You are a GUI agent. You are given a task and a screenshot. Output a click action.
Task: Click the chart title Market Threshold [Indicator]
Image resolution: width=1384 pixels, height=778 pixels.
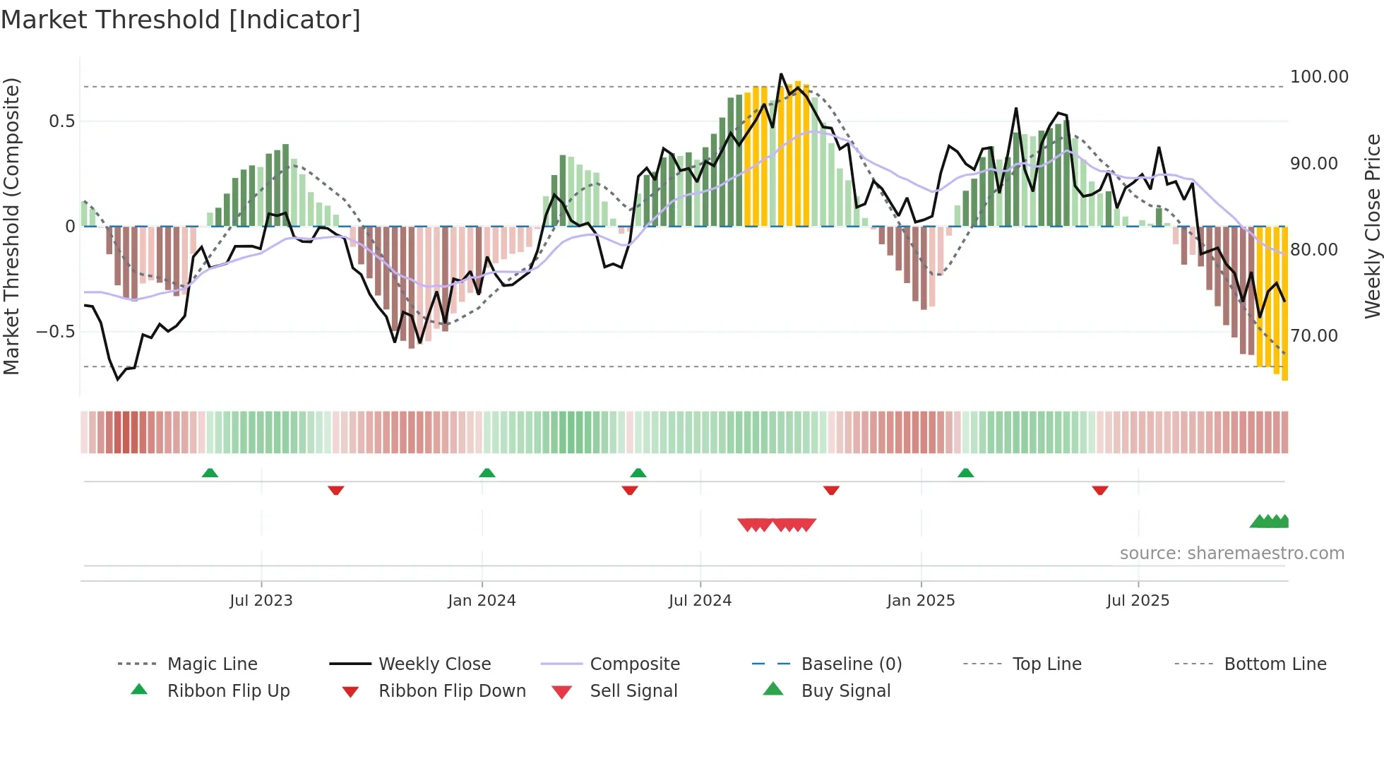coord(181,20)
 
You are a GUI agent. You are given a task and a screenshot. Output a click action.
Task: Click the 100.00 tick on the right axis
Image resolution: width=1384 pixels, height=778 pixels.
coord(1318,77)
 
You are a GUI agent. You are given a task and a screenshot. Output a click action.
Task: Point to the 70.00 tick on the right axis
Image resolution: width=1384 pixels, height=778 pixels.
coord(1313,336)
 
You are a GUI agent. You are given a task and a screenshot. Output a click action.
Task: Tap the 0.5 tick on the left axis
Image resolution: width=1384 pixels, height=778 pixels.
coord(62,121)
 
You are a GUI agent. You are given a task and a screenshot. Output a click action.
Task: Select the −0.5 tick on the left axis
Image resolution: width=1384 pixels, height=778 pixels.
coord(56,332)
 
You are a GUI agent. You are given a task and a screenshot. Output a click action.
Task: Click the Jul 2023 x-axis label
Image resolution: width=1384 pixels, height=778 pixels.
coord(261,601)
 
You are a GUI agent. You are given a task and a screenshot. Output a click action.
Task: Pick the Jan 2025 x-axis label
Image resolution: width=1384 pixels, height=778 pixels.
coord(920,601)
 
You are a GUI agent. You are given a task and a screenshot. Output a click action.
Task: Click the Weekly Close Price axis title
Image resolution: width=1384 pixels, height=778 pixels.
coord(1371,226)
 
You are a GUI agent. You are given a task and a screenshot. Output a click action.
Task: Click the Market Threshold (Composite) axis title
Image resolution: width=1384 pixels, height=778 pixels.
coord(11,226)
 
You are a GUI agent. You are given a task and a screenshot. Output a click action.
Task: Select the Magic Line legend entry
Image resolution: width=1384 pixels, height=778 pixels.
coord(212,664)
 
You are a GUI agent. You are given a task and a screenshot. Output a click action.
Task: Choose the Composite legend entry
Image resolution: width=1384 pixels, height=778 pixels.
coord(634,664)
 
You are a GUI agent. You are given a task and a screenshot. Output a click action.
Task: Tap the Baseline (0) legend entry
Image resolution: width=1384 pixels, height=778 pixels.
coord(851,664)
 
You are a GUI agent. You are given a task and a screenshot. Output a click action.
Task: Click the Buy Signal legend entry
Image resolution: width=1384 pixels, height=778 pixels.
coord(845,691)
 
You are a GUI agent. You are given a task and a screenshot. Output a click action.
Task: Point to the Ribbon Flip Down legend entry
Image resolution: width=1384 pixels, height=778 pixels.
coord(452,691)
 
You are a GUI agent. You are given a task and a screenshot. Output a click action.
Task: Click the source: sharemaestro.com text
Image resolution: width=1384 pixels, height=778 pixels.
coord(1231,553)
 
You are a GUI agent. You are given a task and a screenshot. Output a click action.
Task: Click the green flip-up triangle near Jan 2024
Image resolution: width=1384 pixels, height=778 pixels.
coord(487,473)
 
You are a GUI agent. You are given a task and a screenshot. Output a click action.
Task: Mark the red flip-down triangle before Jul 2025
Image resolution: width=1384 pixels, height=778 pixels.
coord(1099,490)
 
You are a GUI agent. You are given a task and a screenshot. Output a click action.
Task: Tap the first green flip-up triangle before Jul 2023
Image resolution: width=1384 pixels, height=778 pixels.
coord(210,473)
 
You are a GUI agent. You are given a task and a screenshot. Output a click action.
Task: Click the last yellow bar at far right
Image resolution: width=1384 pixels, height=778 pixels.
coord(1284,304)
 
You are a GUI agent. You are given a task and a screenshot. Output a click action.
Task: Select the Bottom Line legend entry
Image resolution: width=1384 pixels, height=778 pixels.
coord(1275,664)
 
